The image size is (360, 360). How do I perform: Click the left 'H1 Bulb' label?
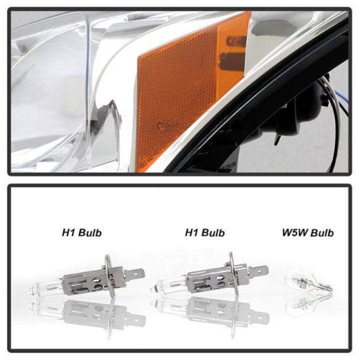click(x=81, y=233)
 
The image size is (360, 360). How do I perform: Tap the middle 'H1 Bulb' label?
click(x=205, y=233)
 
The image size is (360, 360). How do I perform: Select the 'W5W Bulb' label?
click(x=307, y=233)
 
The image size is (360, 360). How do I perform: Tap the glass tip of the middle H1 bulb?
click(x=152, y=287)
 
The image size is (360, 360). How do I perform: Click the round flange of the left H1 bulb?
click(x=109, y=275)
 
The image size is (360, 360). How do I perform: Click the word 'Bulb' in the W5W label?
click(x=321, y=233)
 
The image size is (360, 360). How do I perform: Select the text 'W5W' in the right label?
click(x=295, y=233)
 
